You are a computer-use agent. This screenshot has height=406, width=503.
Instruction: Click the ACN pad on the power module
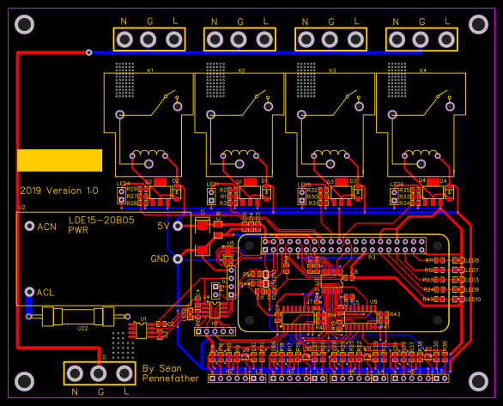[x=29, y=227]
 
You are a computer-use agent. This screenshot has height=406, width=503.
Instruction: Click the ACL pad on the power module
[x=29, y=292]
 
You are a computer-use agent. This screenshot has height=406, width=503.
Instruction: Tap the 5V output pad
[x=179, y=226]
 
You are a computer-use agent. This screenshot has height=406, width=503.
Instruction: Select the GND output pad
[x=179, y=258]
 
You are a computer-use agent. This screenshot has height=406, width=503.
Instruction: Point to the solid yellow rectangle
[x=59, y=159]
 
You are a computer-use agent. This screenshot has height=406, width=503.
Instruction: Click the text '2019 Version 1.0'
[x=59, y=191]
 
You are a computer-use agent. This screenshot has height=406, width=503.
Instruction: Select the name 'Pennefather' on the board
[x=171, y=378]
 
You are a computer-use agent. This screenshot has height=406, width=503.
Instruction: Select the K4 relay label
[x=421, y=70]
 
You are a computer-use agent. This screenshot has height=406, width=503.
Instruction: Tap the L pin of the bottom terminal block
[x=124, y=373]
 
